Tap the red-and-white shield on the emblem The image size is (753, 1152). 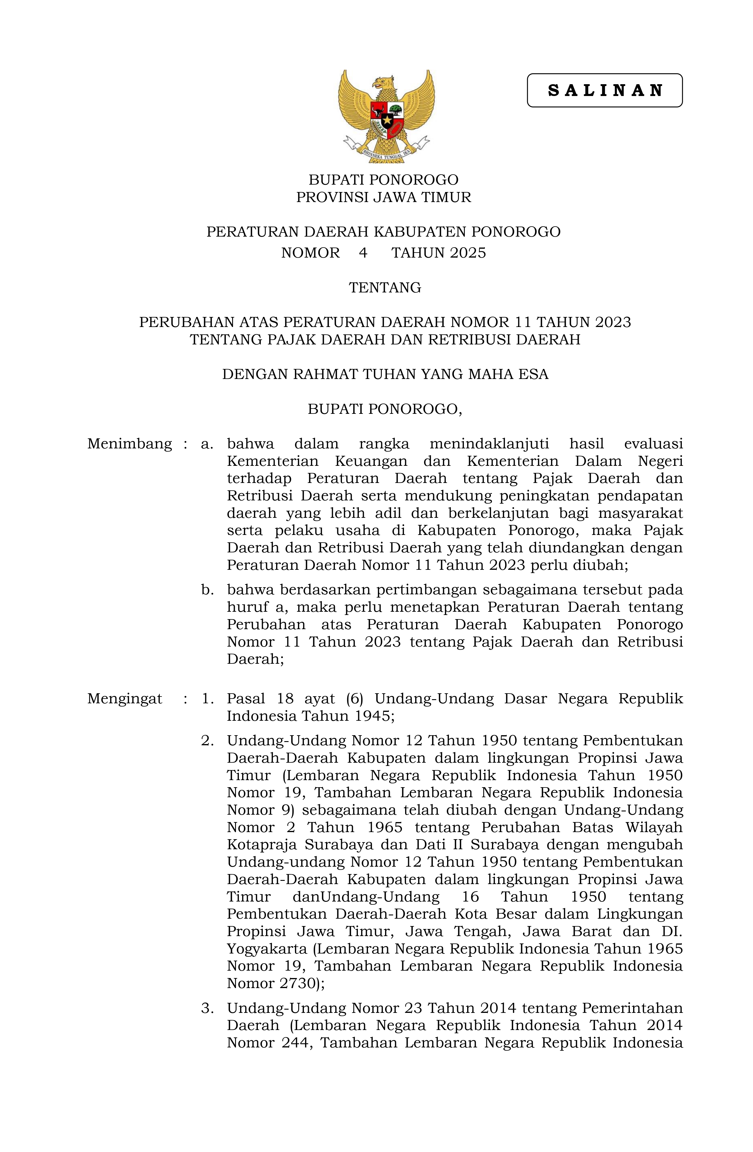click(387, 117)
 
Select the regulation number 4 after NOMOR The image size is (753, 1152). click(363, 253)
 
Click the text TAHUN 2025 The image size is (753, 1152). click(439, 253)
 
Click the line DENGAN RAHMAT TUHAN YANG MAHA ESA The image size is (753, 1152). click(385, 374)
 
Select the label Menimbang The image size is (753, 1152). click(130, 444)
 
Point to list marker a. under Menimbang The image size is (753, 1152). click(207, 444)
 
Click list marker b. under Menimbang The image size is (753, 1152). click(207, 590)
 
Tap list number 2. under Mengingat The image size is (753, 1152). click(207, 741)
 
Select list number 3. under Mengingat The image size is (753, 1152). click(207, 1008)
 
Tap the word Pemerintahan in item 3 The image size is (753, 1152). click(632, 1008)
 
